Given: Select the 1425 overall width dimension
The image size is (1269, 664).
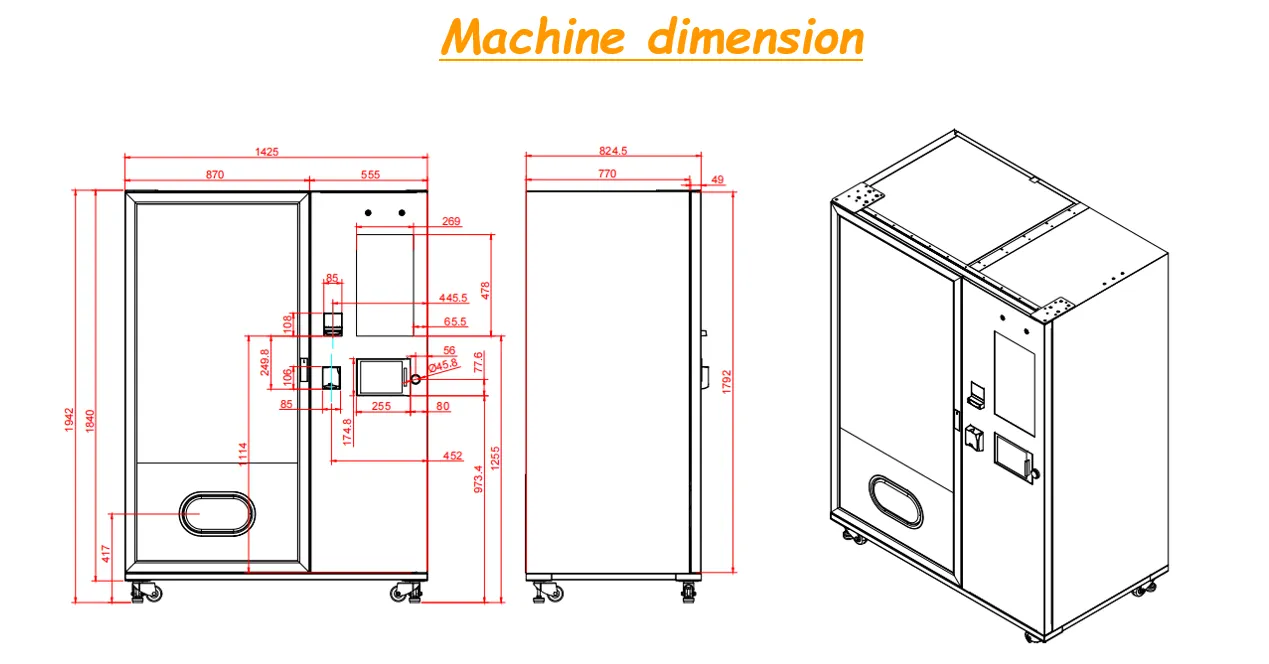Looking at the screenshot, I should (266, 152).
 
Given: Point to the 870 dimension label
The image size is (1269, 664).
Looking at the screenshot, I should (215, 174).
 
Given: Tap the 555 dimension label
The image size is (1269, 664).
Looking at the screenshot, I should (370, 174).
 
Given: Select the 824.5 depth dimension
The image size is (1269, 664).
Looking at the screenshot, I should (612, 152).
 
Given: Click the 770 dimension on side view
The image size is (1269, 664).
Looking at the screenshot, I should (607, 174).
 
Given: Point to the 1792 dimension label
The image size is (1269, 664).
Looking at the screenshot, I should (727, 383).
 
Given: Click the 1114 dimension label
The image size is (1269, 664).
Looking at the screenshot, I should (242, 456).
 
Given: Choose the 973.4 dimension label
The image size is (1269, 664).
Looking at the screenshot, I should (478, 481).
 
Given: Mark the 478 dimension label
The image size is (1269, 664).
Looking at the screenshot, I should (486, 290).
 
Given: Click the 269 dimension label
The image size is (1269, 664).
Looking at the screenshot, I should (451, 222).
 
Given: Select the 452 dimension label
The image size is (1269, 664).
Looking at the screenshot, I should (452, 456).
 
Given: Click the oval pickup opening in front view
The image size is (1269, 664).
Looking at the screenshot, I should (216, 513).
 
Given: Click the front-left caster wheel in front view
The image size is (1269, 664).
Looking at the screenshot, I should (145, 593).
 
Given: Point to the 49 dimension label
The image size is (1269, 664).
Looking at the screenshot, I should (717, 180).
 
